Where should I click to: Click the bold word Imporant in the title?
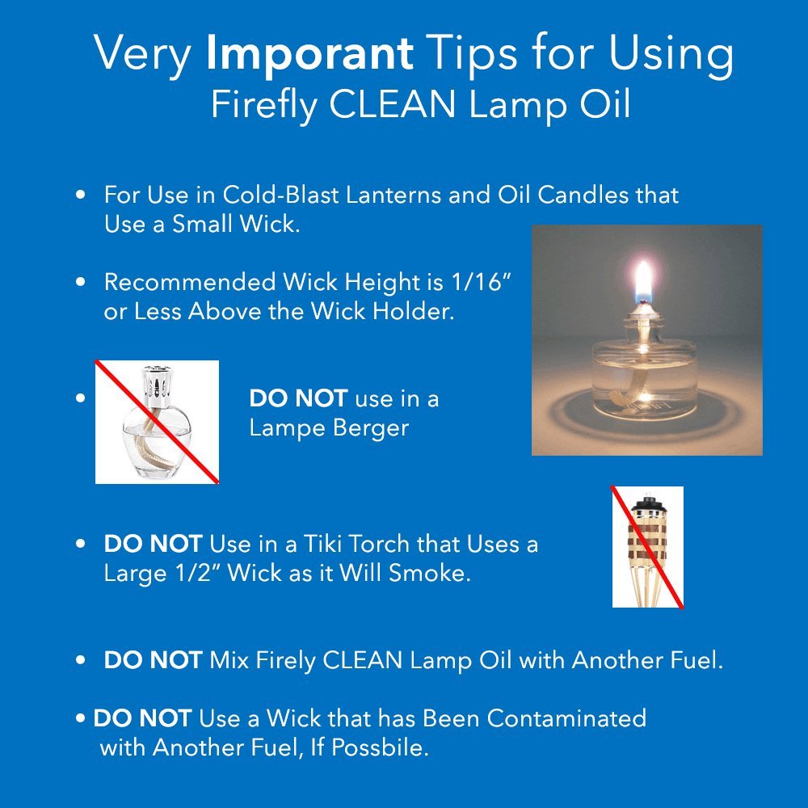click(x=309, y=54)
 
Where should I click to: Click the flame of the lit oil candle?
click(x=645, y=283)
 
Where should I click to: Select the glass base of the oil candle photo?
click(x=645, y=380)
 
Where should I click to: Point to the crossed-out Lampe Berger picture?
click(x=157, y=422)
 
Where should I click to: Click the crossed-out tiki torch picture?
click(x=647, y=546)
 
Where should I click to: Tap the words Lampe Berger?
click(x=328, y=427)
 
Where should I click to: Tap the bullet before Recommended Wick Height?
click(x=80, y=283)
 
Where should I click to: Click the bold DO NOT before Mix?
click(x=153, y=660)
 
